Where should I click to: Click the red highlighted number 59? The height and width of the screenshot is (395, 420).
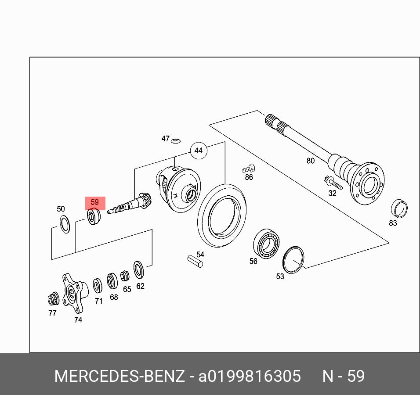[x=95, y=203]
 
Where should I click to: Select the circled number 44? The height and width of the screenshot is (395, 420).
[x=198, y=151]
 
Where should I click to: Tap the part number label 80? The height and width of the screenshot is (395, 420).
[x=311, y=161]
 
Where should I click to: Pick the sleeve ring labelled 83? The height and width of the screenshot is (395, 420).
[x=399, y=208]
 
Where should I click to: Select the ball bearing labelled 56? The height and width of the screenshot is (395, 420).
[x=266, y=244]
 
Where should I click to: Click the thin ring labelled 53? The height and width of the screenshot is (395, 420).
[x=293, y=259]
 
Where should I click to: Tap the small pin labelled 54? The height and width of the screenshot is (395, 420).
[x=194, y=261]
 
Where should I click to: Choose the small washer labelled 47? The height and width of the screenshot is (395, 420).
[x=176, y=141]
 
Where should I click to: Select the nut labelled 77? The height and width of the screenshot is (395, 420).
[x=53, y=300]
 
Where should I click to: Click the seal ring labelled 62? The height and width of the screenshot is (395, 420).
[x=138, y=269]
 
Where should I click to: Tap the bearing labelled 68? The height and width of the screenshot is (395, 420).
[x=112, y=281]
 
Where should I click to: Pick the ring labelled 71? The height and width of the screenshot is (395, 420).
[x=97, y=286]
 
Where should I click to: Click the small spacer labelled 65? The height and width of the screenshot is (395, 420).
[x=125, y=276]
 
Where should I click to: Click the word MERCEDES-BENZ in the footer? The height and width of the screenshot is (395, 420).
[x=119, y=377]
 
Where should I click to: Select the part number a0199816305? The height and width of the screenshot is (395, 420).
[x=250, y=377]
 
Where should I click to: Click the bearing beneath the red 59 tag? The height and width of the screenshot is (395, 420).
[x=94, y=217]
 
